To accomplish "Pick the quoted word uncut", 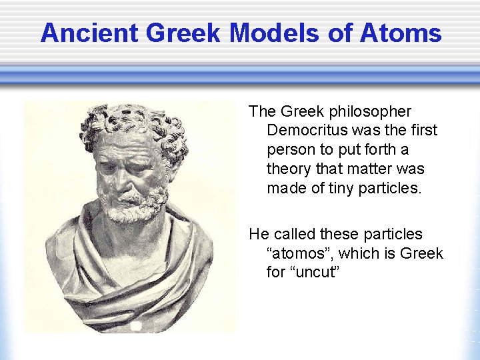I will pyautogui.click(x=313, y=273).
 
